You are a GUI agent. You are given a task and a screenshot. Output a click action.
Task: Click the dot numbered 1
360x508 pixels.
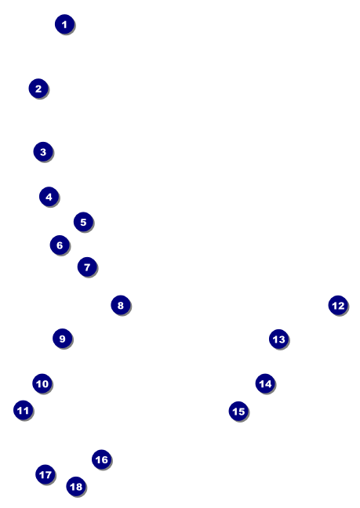tap(65, 24)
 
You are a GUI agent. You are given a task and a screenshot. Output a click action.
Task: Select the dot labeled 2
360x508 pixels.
tap(38, 88)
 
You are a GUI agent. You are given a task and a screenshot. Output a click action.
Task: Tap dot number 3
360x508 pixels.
tap(43, 151)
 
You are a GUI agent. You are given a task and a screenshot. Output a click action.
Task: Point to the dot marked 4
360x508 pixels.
tap(49, 196)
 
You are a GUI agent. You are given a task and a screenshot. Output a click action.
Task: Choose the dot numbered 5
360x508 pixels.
tap(84, 222)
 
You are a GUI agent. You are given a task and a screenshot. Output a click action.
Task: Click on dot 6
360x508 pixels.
tap(60, 245)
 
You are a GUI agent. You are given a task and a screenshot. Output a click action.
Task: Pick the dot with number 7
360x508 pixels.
tap(88, 267)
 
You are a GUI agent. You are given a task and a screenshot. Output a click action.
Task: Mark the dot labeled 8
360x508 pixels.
tap(121, 305)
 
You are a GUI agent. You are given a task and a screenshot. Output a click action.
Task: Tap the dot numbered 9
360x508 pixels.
tap(63, 339)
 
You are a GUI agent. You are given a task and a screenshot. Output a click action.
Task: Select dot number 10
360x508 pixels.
tap(42, 383)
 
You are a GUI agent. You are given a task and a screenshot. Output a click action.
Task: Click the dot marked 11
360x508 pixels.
tap(24, 410)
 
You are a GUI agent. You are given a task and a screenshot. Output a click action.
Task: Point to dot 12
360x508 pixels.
tap(338, 305)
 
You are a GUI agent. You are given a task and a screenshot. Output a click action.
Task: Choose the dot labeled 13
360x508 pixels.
tap(279, 339)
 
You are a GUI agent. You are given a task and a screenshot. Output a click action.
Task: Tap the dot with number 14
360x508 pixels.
tap(265, 383)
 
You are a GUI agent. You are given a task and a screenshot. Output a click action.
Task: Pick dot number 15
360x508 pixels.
tap(238, 411)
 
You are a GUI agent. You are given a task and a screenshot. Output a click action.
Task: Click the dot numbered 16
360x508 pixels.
tap(102, 459)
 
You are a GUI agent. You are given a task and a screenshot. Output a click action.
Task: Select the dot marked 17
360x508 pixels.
tap(45, 474)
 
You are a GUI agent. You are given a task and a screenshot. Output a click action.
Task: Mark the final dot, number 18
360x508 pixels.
tap(77, 486)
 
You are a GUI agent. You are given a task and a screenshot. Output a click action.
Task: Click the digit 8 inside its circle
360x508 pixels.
tap(121, 305)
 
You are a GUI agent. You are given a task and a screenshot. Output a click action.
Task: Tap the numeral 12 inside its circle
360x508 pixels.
tap(338, 306)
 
